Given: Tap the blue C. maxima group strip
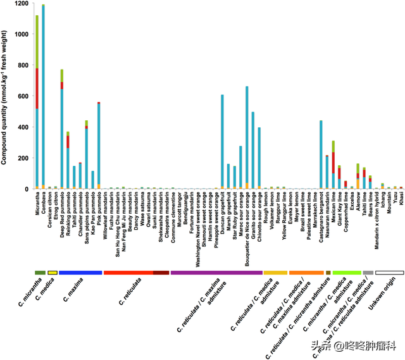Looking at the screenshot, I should point(80,272).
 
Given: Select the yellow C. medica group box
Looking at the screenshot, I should point(53,272).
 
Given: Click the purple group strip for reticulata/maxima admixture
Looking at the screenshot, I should point(216,272).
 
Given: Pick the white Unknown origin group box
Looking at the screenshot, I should point(389,272).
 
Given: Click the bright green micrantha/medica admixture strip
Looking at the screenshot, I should point(346,272).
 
